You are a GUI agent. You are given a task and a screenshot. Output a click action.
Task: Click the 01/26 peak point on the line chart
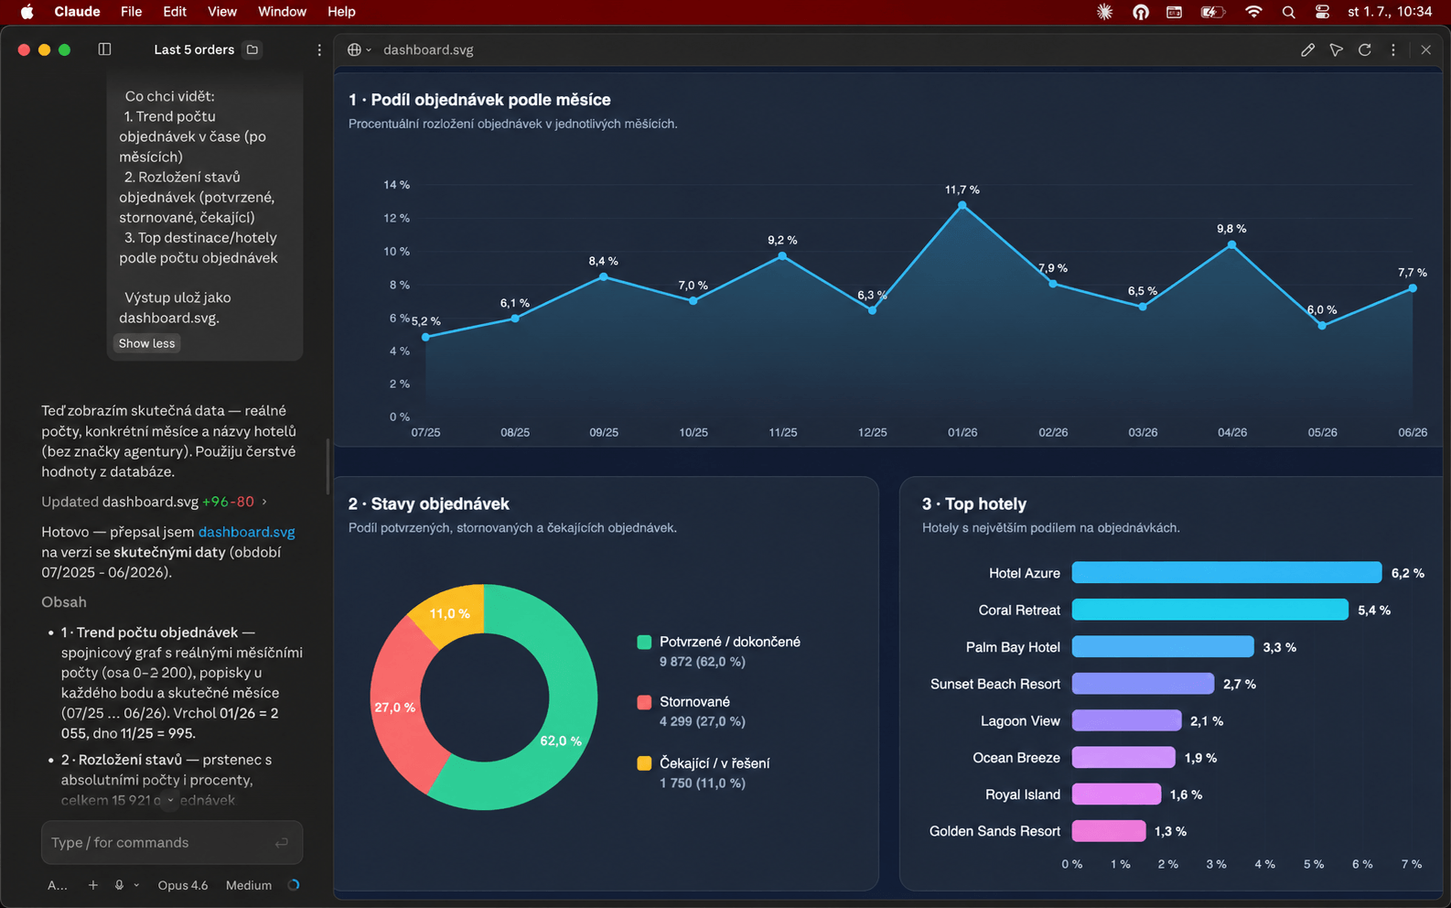point(962,205)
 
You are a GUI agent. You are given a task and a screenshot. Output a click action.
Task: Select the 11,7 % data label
point(962,189)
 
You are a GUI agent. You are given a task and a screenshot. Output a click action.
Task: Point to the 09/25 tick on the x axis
point(604,432)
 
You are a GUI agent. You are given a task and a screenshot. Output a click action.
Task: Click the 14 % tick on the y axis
point(396,185)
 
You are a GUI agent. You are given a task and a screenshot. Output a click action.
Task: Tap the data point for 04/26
point(1231,245)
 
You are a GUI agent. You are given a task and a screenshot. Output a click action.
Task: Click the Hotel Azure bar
point(1226,573)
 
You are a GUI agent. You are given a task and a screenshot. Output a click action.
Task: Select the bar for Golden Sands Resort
point(1108,831)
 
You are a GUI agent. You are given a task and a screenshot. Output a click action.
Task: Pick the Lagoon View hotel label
point(1020,720)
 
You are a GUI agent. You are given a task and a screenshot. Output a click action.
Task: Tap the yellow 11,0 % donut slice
point(449,613)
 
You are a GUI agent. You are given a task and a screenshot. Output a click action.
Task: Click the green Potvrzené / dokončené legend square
point(644,642)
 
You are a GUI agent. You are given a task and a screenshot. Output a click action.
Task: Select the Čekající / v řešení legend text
point(715,762)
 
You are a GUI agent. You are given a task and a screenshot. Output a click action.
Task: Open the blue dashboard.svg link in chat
point(246,532)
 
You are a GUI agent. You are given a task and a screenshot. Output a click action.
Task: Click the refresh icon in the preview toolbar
point(1364,50)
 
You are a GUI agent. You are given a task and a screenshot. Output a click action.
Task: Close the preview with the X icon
point(1425,50)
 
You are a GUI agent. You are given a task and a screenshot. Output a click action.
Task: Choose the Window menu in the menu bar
point(282,12)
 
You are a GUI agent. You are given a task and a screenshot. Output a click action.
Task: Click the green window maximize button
point(64,50)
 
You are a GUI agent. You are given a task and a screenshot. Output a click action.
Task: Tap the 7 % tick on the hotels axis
point(1411,864)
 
